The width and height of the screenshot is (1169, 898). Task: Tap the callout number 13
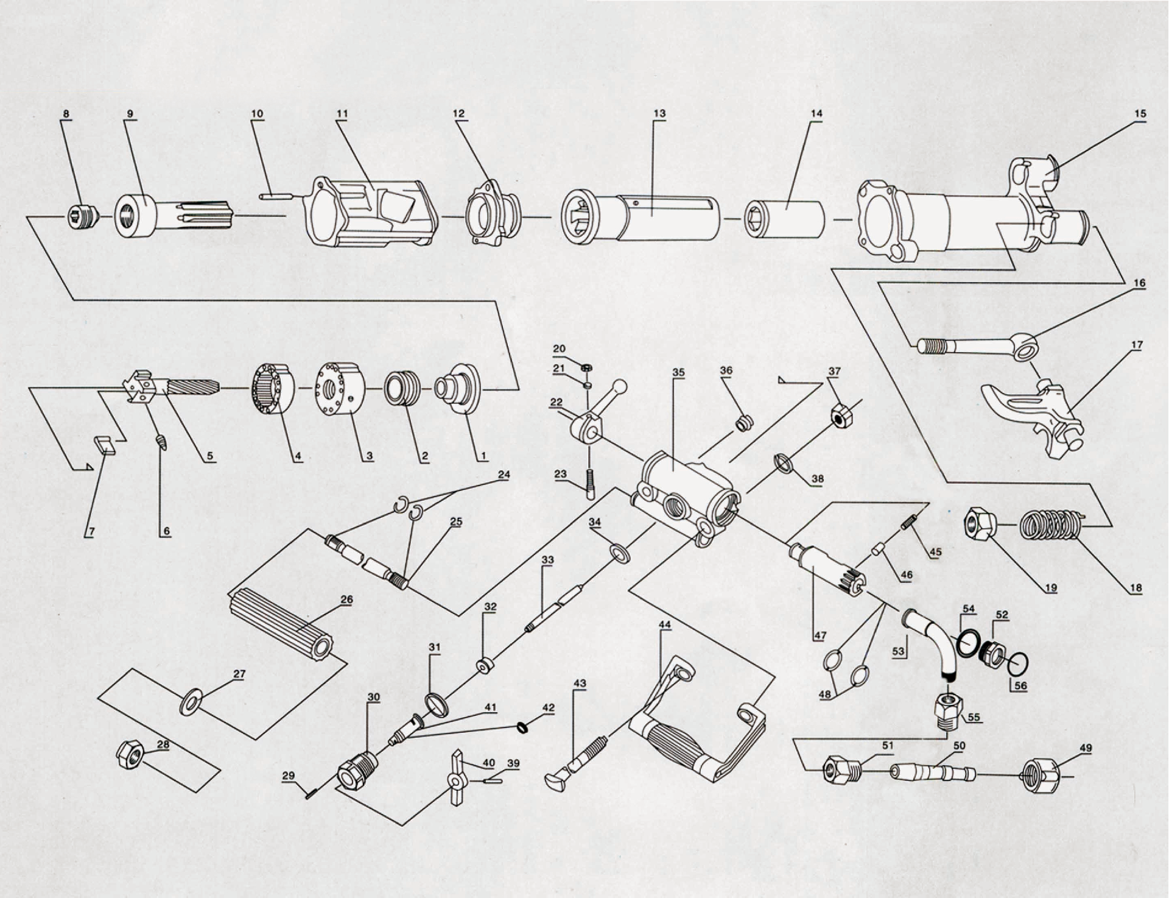pyautogui.click(x=659, y=113)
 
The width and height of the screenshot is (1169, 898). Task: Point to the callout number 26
pyautogui.click(x=346, y=600)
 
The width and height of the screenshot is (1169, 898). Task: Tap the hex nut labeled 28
pyautogui.click(x=129, y=755)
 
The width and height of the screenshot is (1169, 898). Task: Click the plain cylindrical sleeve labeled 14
pyautogui.click(x=785, y=217)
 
